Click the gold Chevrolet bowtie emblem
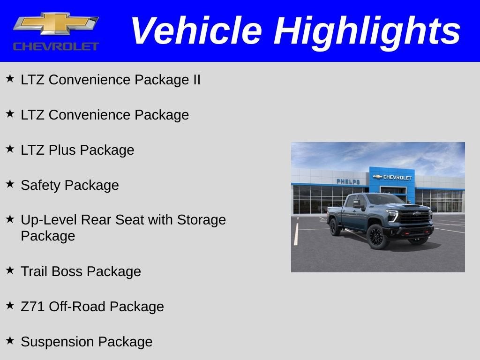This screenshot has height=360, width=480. (56, 24)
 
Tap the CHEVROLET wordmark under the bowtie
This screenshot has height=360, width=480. (56, 46)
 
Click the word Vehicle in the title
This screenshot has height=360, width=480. (195, 31)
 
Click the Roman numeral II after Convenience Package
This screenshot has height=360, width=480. (196, 80)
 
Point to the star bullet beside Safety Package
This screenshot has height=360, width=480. (10, 184)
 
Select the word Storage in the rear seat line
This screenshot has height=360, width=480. (201, 220)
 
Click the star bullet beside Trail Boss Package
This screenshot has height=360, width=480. (10, 270)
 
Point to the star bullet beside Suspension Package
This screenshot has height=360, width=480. (10, 340)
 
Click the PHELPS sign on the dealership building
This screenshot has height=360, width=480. (348, 181)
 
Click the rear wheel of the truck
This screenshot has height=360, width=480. (335, 227)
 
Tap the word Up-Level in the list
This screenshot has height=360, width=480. (49, 220)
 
